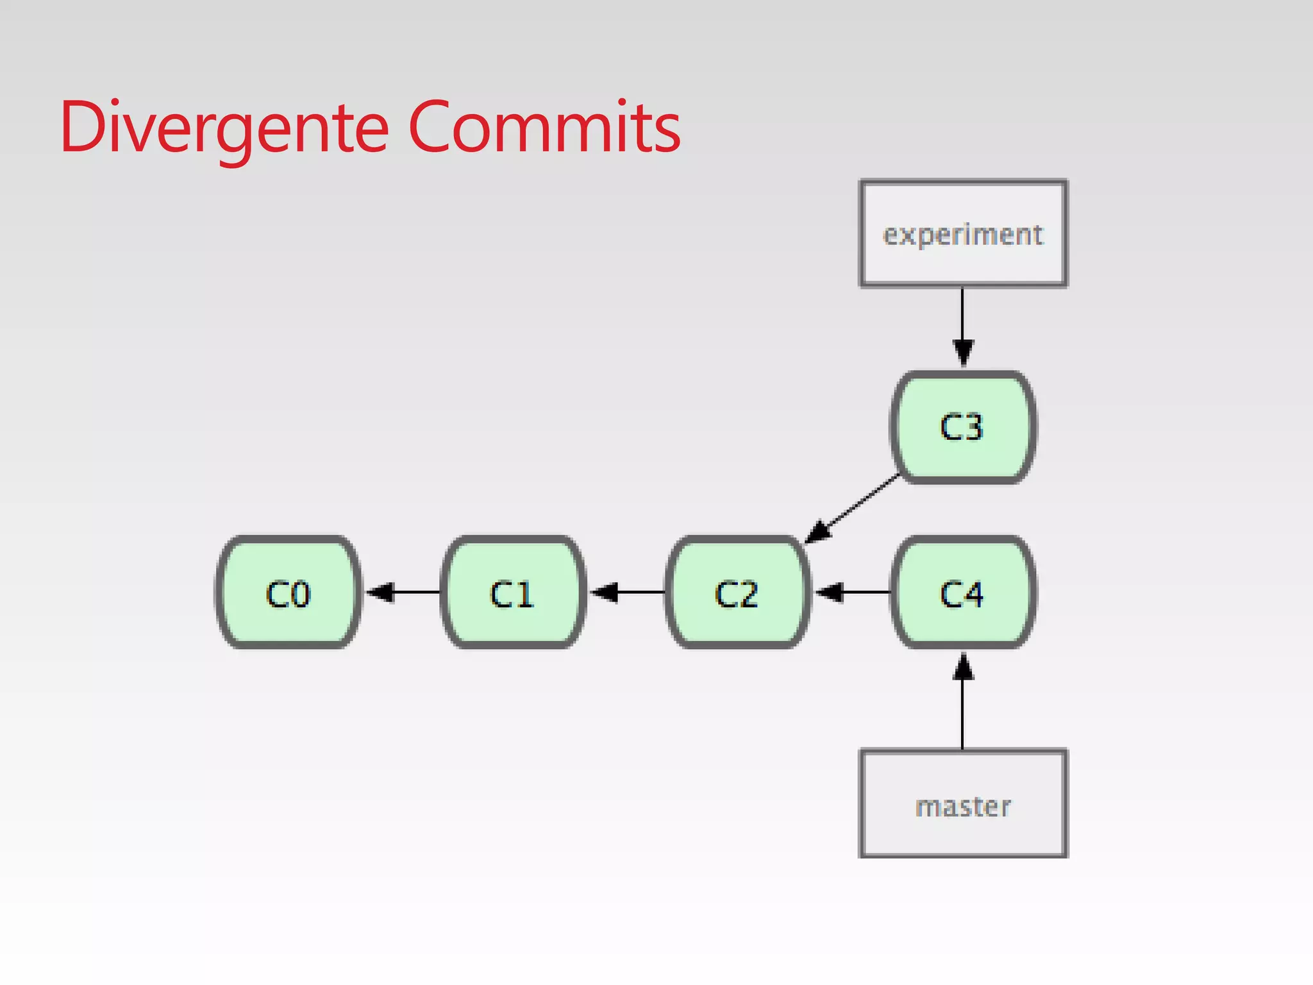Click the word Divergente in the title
[224, 128]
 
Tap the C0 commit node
[288, 593]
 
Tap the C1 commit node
[513, 593]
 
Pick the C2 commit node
[737, 593]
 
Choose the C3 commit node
[962, 426]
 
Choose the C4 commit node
[962, 593]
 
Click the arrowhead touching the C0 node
[381, 592]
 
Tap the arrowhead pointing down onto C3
[963, 353]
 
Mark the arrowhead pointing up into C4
[963, 667]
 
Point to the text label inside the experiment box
[963, 235]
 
